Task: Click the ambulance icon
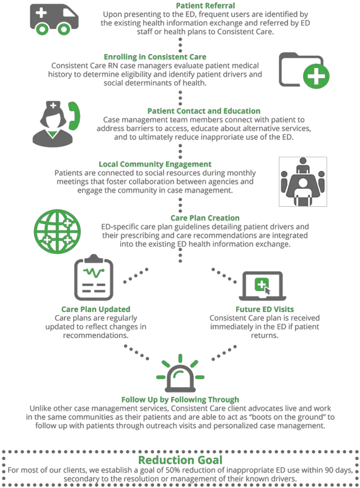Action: pyautogui.click(x=54, y=19)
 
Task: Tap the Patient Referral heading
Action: pyautogui.click(x=206, y=6)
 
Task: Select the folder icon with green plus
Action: pyautogui.click(x=304, y=70)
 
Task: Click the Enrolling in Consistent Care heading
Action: pyautogui.click(x=155, y=57)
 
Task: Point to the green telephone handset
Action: pyautogui.click(x=74, y=115)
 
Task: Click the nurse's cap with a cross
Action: pyautogui.click(x=53, y=106)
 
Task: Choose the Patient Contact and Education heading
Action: pyautogui.click(x=204, y=111)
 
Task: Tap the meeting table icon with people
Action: pyautogui.click(x=303, y=181)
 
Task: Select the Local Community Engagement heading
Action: pyautogui.click(x=155, y=164)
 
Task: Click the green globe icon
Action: pyautogui.click(x=57, y=231)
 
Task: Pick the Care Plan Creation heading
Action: pyautogui.click(x=205, y=218)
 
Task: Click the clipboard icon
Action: pyautogui.click(x=94, y=277)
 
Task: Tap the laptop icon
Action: pyautogui.click(x=263, y=286)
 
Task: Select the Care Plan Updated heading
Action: pyautogui.click(x=95, y=310)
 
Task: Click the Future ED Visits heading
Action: pyautogui.click(x=265, y=310)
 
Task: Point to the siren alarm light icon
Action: pyautogui.click(x=180, y=373)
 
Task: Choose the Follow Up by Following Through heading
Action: pyautogui.click(x=180, y=399)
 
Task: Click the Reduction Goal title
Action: pyautogui.click(x=180, y=460)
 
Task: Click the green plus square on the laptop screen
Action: pyautogui.click(x=261, y=284)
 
